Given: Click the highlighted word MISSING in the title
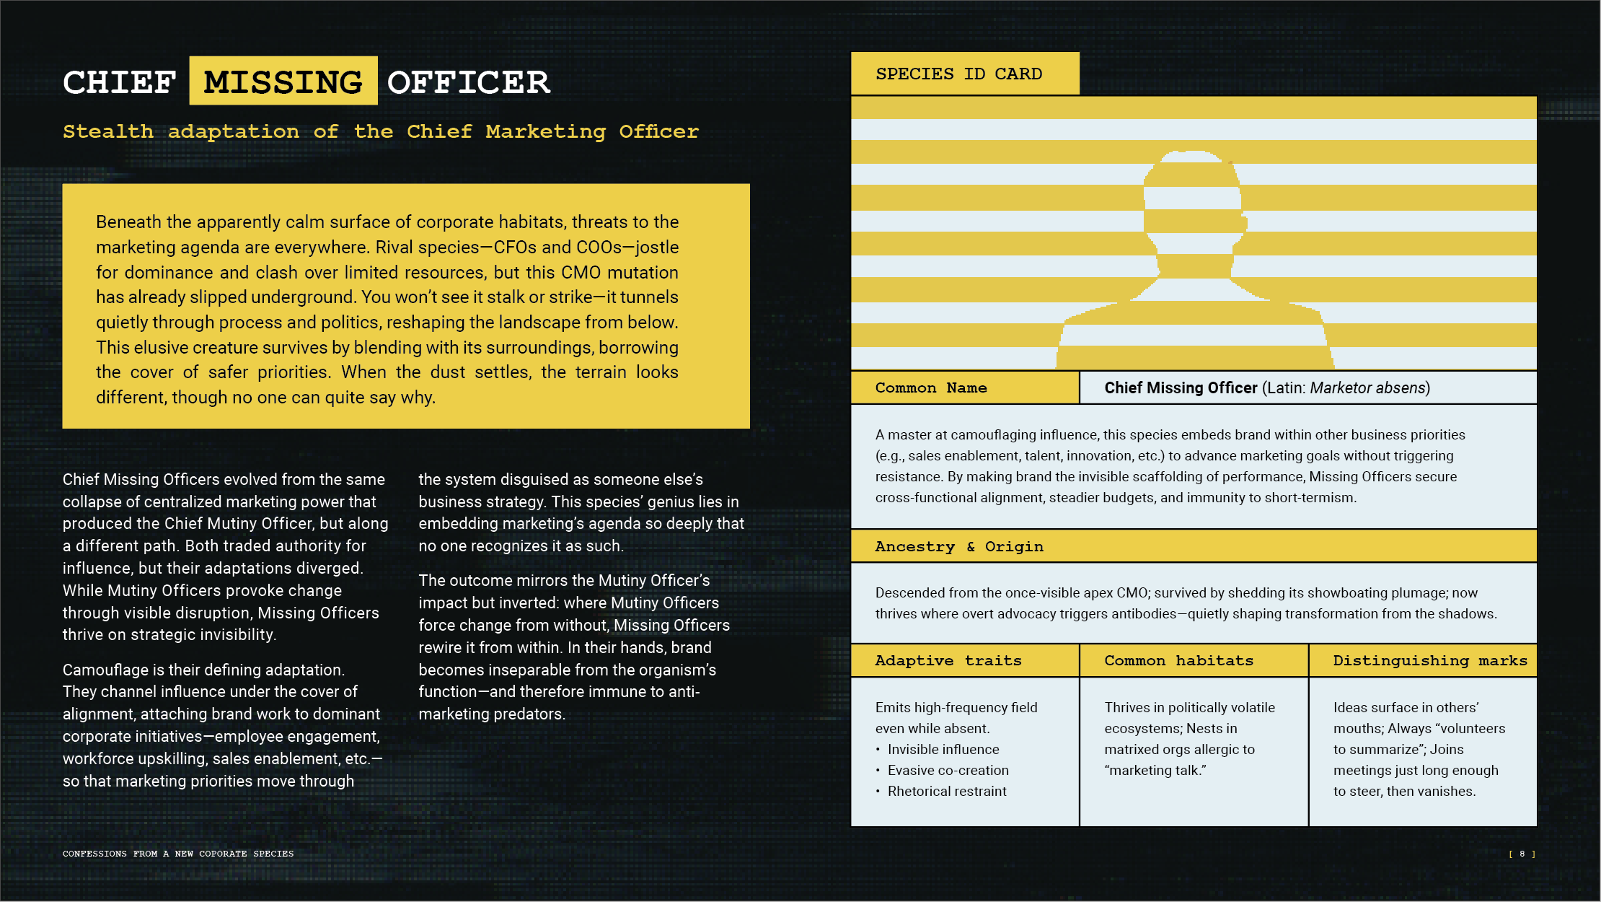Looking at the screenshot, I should pos(283,82).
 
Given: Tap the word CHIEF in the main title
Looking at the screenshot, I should pos(120,82).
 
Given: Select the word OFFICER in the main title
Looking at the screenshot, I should pos(469,82).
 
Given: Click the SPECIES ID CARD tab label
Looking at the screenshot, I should pos(958,74).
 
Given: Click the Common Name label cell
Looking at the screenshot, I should pos(931,387).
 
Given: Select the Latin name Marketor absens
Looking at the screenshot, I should pos(1367,387).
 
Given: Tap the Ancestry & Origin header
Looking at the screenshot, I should pos(959,546).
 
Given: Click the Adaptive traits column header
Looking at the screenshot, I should pos(948,660).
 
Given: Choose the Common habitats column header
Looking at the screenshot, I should pos(1178,660).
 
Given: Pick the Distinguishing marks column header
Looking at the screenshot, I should pos(1429,660).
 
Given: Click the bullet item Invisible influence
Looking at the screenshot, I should pos(943,749).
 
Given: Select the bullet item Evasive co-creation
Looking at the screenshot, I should pos(948,770).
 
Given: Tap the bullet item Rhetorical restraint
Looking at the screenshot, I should pos(947,791).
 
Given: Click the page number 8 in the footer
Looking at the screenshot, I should pos(1522,854).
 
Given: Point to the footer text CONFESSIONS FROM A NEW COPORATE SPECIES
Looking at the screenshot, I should pos(178,854).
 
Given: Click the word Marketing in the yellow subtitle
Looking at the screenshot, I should pos(545,131).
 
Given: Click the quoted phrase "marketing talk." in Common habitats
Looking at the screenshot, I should pos(1155,770).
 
